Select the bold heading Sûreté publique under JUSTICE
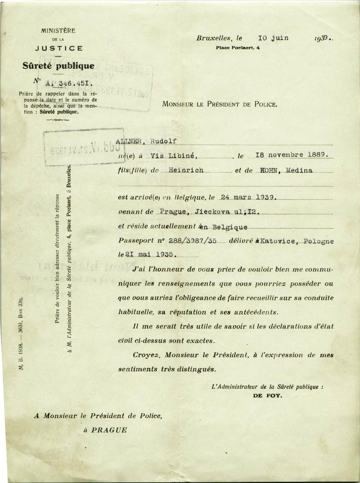tap(58, 66)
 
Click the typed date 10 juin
tap(274, 38)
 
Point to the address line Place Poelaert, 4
tap(238, 47)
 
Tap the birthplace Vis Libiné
tap(175, 156)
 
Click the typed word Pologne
tap(319, 241)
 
